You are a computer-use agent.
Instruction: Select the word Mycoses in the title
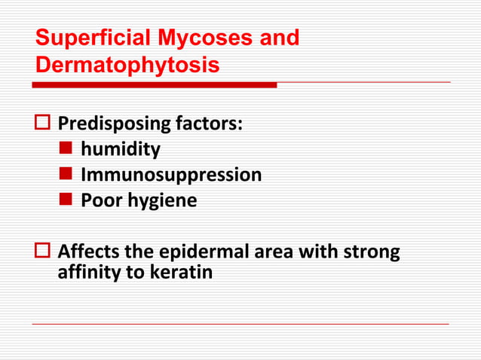(202, 38)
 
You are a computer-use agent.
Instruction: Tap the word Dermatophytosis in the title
(127, 66)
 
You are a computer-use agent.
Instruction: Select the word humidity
(120, 149)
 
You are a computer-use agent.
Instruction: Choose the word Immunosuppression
(171, 175)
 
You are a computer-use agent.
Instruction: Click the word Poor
(101, 200)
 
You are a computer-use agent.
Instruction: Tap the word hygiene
(161, 201)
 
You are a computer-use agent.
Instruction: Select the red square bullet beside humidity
(66, 149)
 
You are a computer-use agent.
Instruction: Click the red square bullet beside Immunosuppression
(66, 175)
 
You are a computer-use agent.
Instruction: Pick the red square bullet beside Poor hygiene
(66, 200)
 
